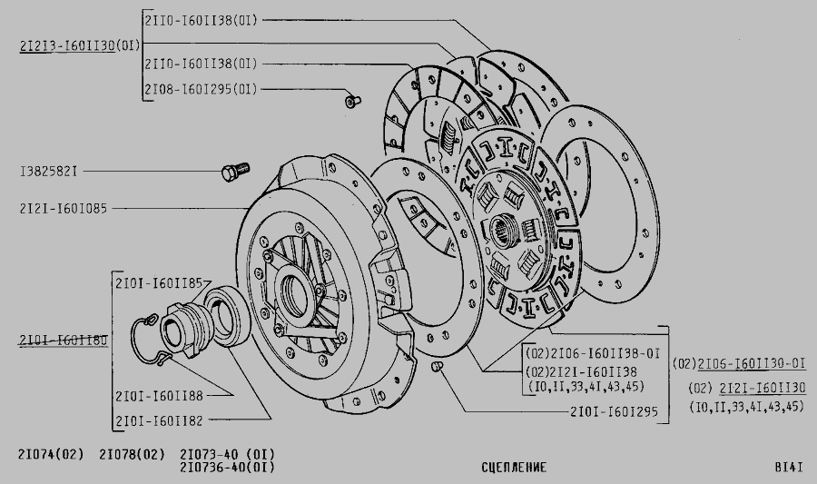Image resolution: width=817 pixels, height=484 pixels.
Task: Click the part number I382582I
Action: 48,172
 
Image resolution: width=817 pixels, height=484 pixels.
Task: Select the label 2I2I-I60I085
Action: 64,209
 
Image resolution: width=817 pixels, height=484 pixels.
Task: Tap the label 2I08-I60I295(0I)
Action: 202,90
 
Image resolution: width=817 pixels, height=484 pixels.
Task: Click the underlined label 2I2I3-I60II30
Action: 67,45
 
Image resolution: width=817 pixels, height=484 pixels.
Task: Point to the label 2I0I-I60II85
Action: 159,283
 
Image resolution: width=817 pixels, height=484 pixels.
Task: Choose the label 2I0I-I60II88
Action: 159,396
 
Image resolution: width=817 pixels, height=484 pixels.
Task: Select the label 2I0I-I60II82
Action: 159,421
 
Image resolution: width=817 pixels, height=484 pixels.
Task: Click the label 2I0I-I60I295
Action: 614,412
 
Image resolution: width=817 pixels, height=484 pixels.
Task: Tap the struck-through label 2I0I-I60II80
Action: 64,341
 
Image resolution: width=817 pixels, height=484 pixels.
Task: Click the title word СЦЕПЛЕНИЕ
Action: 515,468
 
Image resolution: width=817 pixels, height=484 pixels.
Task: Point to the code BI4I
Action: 789,468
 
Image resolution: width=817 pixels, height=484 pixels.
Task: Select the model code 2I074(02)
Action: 51,455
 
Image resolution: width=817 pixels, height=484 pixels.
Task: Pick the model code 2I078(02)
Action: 132,455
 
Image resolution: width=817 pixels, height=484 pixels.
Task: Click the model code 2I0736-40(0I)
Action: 227,468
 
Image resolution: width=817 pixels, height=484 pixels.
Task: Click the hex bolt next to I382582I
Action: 235,172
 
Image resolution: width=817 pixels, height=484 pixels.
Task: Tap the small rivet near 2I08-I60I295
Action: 353,101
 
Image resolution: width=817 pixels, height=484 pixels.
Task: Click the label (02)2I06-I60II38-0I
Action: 593,354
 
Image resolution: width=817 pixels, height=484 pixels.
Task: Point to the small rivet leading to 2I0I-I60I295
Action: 437,367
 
